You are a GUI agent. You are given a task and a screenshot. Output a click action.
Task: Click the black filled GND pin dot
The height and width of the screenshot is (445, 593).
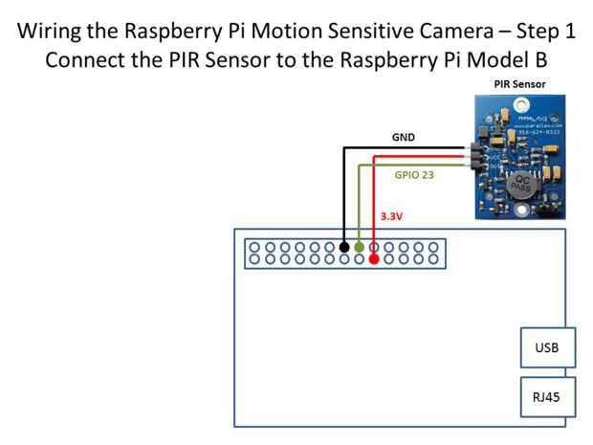click(x=344, y=247)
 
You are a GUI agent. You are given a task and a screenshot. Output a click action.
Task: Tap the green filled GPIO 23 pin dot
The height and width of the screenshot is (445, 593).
click(x=360, y=247)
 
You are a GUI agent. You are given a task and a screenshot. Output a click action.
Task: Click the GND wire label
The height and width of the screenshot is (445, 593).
click(x=406, y=137)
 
